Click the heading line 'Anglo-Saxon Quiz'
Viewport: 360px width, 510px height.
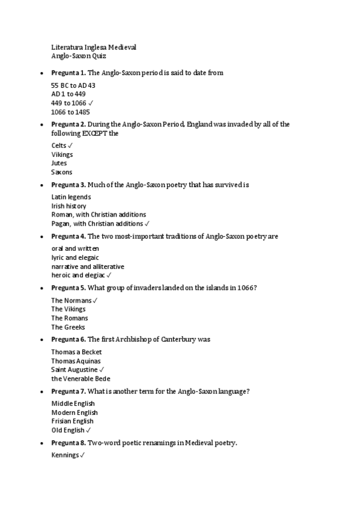click(79, 56)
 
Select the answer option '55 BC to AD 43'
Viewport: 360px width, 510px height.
click(73, 85)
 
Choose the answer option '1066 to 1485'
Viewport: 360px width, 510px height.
click(70, 112)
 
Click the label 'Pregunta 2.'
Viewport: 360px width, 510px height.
click(69, 124)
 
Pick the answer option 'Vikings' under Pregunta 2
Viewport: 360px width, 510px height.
click(62, 155)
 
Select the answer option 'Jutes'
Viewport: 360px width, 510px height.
click(59, 163)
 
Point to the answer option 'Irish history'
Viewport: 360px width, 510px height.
click(69, 206)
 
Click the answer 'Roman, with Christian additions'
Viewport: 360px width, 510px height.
click(99, 215)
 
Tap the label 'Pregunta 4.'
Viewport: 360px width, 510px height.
click(69, 236)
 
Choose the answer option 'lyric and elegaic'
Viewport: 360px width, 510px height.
click(75, 257)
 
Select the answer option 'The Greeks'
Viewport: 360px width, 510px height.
click(68, 327)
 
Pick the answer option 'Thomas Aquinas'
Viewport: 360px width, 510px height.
click(76, 361)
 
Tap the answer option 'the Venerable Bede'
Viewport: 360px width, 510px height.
click(81, 379)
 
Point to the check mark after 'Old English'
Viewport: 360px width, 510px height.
click(89, 430)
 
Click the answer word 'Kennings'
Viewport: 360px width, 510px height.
click(65, 455)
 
